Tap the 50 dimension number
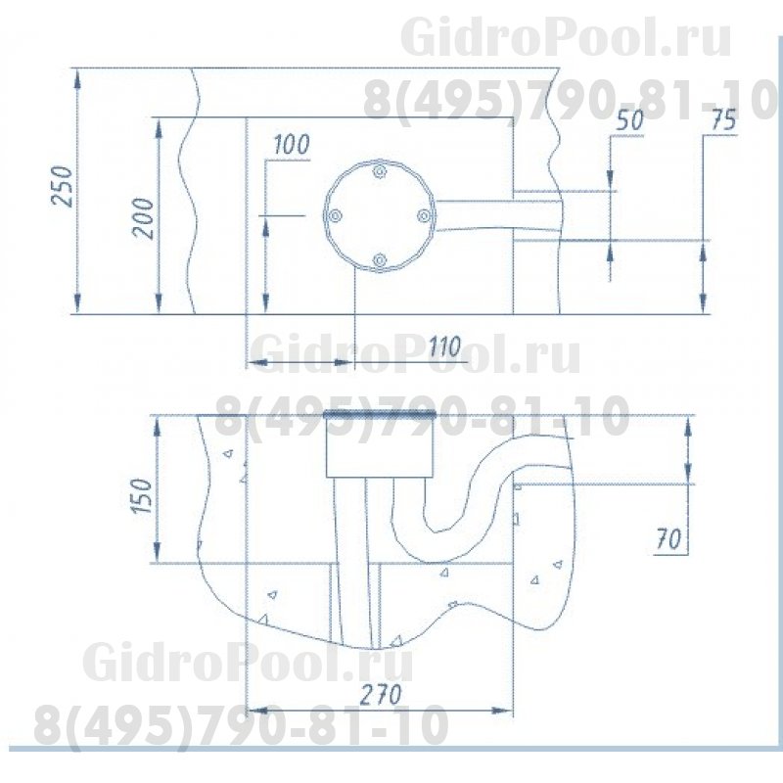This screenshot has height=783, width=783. pos(631,121)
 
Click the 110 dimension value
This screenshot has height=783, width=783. pos(444,345)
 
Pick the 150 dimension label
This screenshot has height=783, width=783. pos(143,498)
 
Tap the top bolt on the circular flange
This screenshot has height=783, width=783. pos(380,172)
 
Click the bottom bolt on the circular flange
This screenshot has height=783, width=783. pos(380,259)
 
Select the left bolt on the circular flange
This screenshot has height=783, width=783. pos(336,215)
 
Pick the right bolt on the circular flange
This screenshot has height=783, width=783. pos(423,215)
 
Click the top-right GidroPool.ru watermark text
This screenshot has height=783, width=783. pos(565,39)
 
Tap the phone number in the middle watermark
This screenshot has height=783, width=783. pos(421,419)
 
